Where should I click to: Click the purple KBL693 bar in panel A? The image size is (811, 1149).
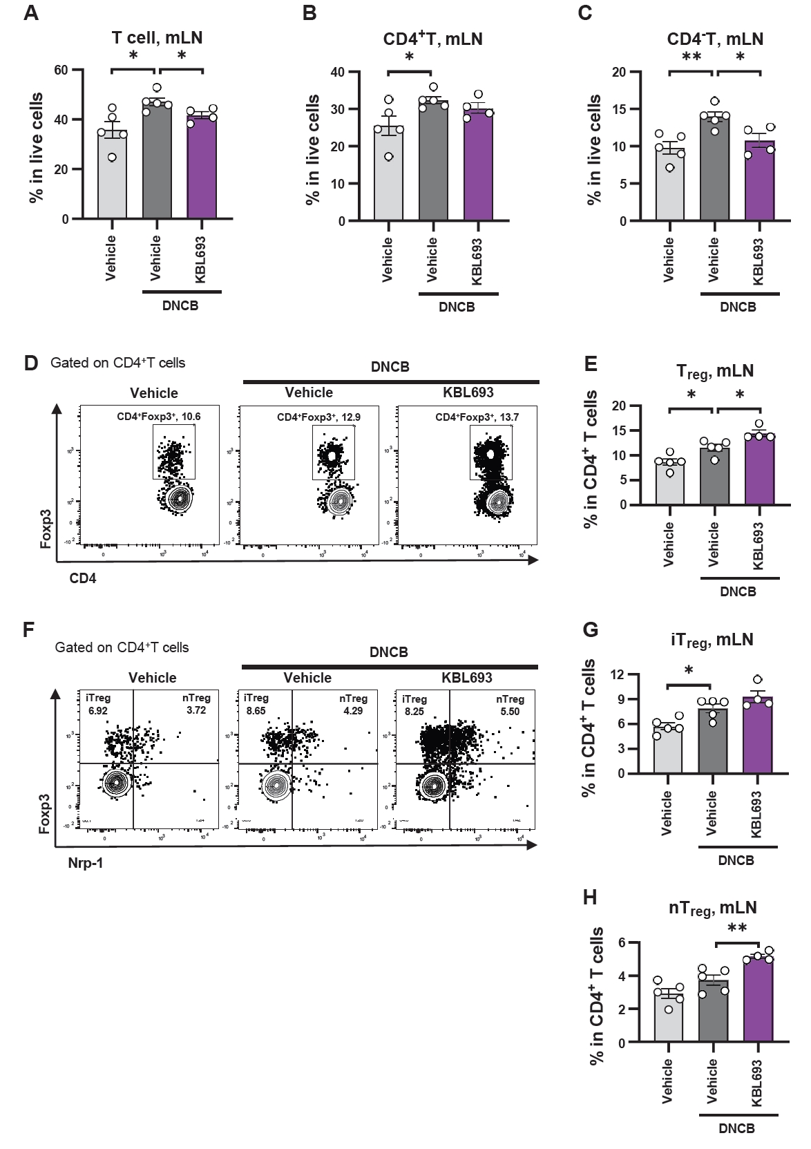click(202, 169)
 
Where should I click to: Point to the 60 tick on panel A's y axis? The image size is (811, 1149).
click(61, 70)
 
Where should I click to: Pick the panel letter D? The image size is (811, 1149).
click(30, 363)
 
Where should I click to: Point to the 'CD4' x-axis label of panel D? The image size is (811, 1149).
click(83, 578)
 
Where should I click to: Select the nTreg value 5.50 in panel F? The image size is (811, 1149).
click(509, 711)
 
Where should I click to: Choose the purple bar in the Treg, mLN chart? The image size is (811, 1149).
click(759, 471)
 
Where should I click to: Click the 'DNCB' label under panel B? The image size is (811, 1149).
click(457, 307)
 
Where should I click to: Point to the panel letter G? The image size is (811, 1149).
click(591, 630)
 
